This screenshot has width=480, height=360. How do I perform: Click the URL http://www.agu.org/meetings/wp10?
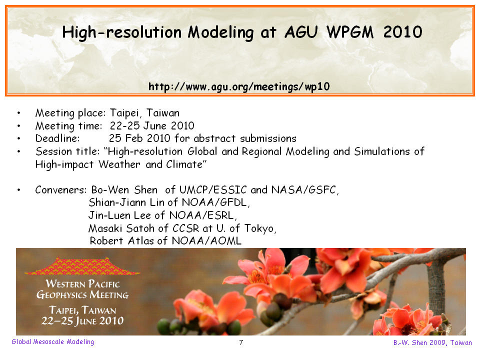239,86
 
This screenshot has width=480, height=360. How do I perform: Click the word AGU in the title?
301,32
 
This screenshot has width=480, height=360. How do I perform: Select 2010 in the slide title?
403,32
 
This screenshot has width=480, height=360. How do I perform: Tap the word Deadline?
57,138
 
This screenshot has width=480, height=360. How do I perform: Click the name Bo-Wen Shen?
124,190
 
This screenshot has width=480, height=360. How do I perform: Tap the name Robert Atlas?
122,241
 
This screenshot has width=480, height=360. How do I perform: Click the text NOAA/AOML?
206,241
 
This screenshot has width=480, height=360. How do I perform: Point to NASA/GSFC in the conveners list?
305,190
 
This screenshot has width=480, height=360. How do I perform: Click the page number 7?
241,342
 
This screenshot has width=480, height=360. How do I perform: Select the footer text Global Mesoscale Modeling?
52,342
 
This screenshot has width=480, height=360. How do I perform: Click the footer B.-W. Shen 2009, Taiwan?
432,342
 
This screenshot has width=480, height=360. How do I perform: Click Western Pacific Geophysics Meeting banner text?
82,289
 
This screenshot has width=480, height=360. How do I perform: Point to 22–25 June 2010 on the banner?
82,321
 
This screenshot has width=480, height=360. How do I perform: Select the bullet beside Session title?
18,151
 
